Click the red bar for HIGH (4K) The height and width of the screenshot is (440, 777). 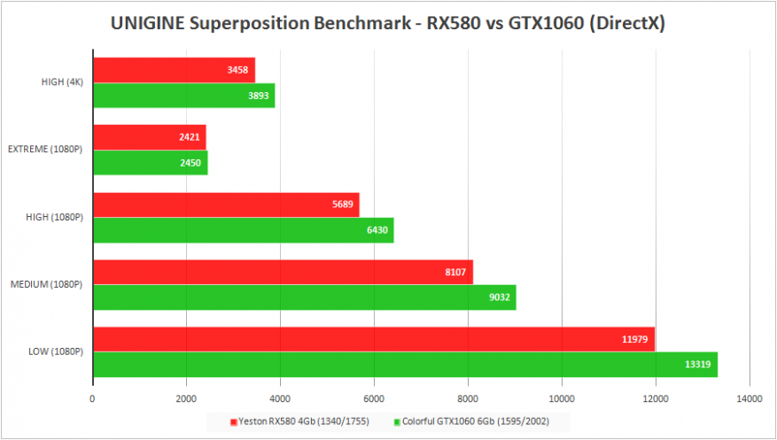point(174,70)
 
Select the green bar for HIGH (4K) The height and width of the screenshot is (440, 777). point(183,96)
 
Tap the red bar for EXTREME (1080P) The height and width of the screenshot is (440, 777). point(149,137)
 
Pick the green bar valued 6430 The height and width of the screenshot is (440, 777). point(243,230)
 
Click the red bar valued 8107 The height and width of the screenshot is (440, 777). point(283,272)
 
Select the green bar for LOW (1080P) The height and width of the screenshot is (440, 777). point(405,365)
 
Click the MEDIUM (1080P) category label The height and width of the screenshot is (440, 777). point(45,285)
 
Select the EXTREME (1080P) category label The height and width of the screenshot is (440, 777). point(45,150)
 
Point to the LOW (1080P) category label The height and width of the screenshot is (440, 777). point(52,351)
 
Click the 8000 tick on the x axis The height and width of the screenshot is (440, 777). point(468,398)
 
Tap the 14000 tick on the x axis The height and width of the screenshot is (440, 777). point(749,398)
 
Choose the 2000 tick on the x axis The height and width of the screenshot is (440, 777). point(186,398)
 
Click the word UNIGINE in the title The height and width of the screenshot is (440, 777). point(147,24)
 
